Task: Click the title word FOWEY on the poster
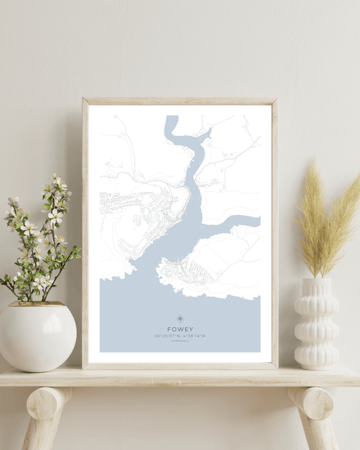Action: tap(180, 329)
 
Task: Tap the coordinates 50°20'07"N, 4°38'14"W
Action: tap(180, 336)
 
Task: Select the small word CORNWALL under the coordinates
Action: tap(180, 342)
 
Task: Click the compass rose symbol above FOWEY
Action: tap(180, 318)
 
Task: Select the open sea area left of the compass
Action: tap(135, 318)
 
